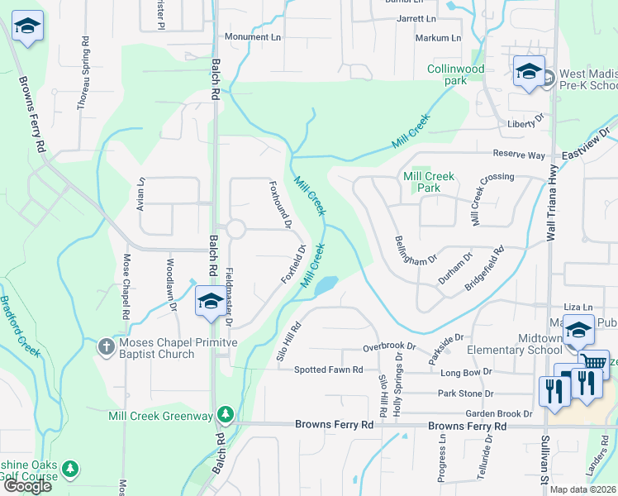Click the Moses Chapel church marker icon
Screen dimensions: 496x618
pos(106,346)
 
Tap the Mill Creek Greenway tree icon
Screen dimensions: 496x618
pos(225,413)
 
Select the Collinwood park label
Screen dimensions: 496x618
pos(455,74)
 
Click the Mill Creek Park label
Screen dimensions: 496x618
pos(428,182)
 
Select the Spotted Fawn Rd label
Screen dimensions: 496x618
pos(329,370)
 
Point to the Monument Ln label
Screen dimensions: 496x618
pos(253,37)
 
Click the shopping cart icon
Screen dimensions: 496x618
pos(592,361)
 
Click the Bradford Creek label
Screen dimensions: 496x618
pos(20,327)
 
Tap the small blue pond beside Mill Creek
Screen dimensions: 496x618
pos(325,285)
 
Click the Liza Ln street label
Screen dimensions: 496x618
pos(578,307)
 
